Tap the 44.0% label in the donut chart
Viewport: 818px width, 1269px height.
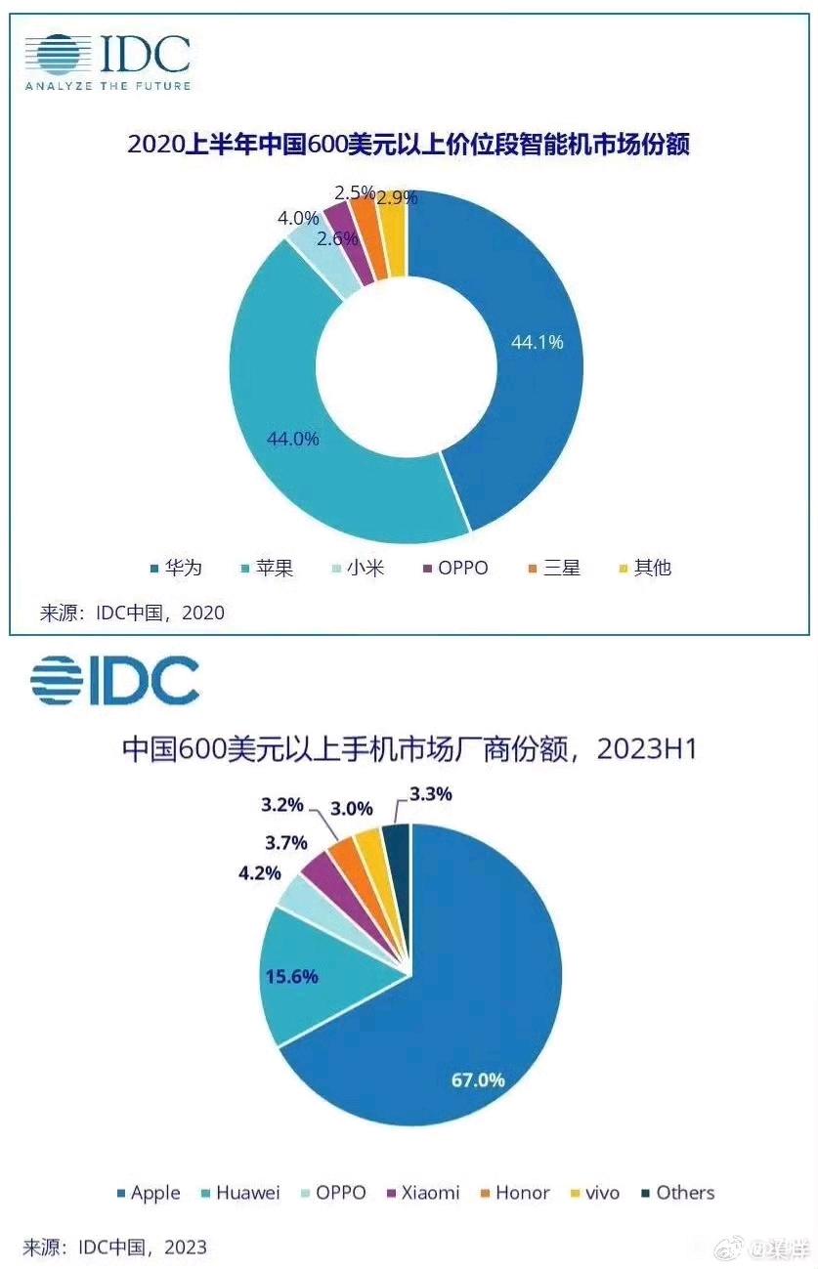(x=293, y=439)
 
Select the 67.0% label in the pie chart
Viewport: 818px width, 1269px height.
(x=478, y=1079)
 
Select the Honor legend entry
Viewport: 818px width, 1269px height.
(x=522, y=1193)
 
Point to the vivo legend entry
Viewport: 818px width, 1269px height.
(x=601, y=1193)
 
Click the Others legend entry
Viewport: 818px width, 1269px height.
(x=685, y=1193)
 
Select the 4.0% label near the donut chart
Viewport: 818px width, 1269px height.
(x=297, y=218)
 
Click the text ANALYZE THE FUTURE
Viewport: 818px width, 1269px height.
(x=108, y=86)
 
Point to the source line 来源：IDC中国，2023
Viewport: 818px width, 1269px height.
(x=115, y=1248)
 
